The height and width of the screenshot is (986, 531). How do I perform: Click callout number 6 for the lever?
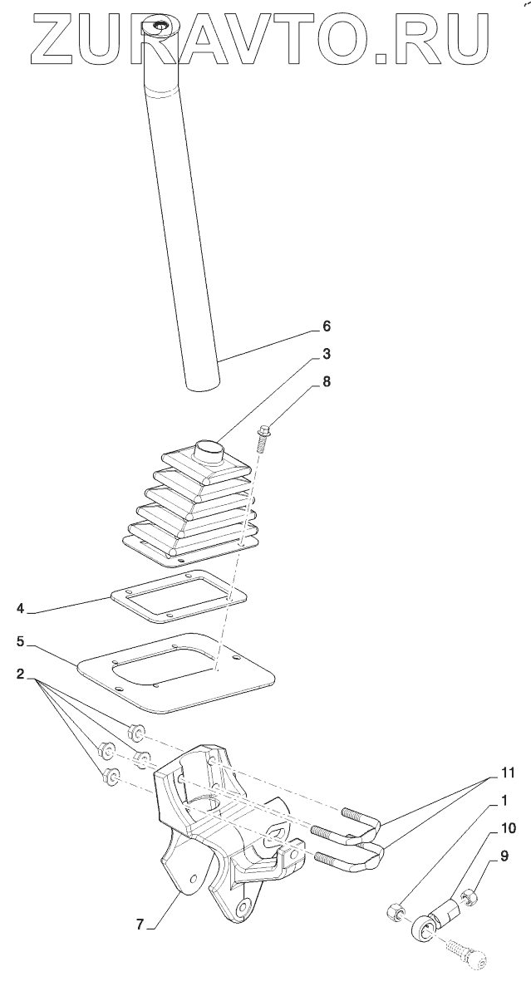coord(326,325)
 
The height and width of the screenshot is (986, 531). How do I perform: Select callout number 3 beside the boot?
coord(326,354)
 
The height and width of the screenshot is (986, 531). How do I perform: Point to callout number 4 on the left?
coord(18,609)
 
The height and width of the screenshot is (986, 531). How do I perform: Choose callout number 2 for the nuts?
coord(18,674)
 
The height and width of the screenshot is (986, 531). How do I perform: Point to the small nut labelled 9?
coord(467,896)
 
